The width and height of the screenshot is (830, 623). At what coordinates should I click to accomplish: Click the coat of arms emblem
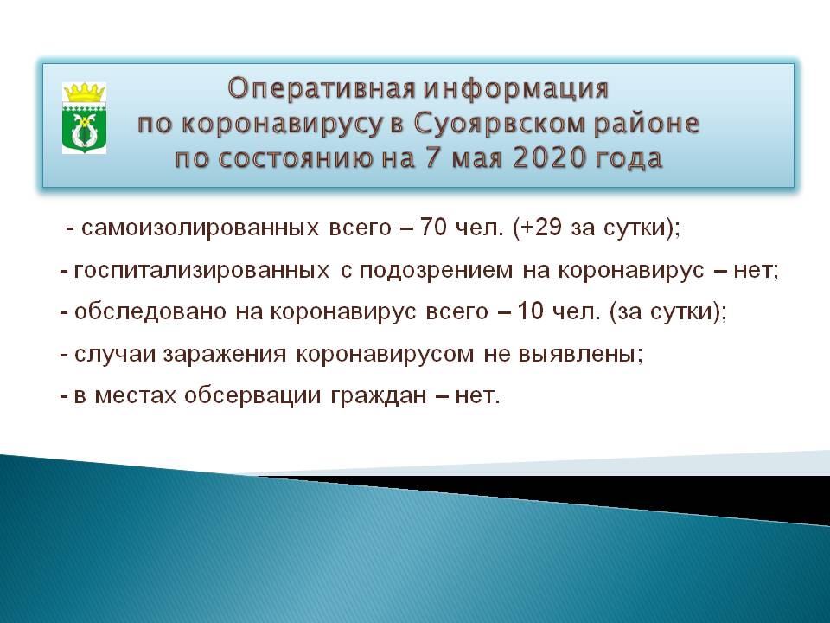[x=84, y=118]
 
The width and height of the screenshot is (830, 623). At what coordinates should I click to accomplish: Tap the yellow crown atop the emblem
[x=84, y=93]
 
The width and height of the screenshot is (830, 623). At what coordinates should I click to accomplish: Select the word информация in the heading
[x=516, y=89]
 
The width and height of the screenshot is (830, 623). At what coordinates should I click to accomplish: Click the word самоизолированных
[x=200, y=228]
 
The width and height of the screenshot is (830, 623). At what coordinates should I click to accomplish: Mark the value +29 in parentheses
[x=540, y=227]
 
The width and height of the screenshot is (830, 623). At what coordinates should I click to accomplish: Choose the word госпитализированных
[x=201, y=271]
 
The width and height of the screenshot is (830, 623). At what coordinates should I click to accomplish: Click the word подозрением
[x=436, y=271]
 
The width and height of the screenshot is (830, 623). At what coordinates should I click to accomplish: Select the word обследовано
[x=150, y=311]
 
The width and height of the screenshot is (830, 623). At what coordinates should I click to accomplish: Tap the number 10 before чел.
[x=530, y=311]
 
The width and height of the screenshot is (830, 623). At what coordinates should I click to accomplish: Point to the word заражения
[x=225, y=354]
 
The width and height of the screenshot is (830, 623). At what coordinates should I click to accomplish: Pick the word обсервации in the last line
[x=252, y=395]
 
